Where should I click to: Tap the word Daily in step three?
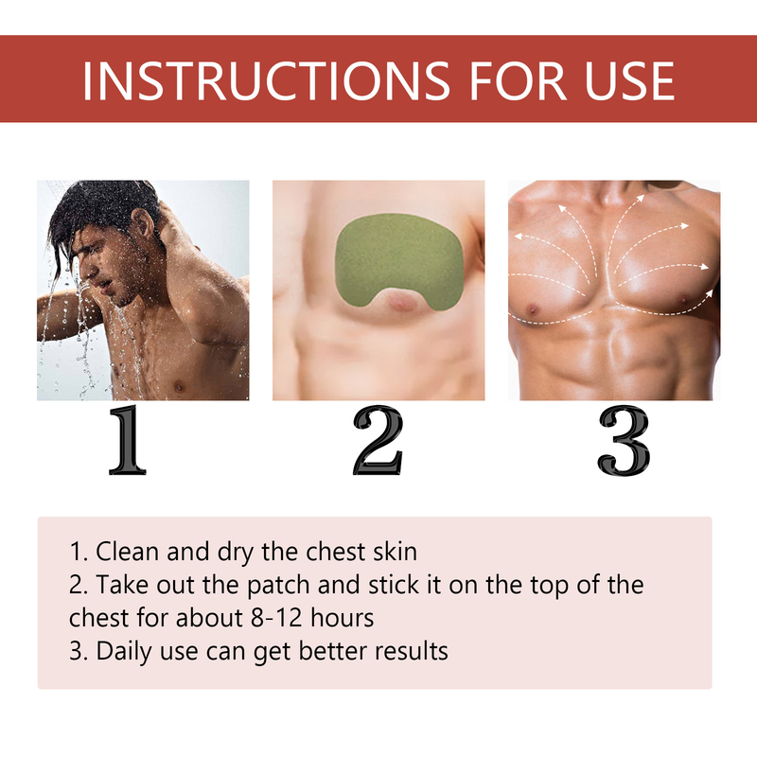119,651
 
